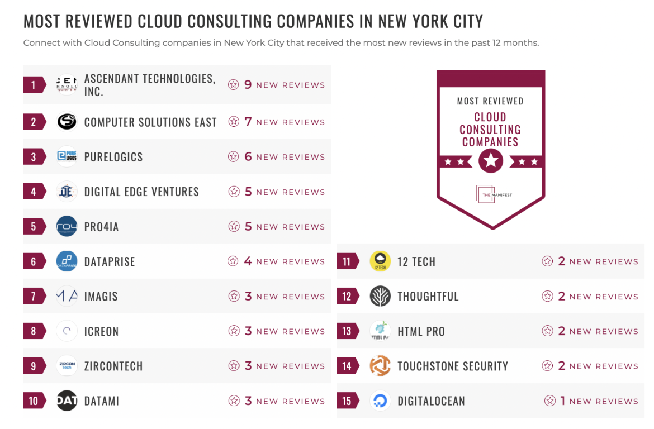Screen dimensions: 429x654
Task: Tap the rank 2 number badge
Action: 34,122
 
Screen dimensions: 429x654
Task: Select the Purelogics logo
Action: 67,157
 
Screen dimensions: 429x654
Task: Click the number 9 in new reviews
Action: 248,85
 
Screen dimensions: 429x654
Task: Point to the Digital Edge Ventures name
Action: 141,192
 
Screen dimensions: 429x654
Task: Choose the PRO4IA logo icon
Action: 67,227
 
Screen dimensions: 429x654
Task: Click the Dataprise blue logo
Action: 67,261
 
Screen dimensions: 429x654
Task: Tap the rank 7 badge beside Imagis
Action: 34,296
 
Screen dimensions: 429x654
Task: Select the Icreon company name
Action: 101,331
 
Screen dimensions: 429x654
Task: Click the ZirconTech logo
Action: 67,366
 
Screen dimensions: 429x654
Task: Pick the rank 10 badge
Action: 34,401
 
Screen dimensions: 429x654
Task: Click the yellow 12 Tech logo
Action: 380,261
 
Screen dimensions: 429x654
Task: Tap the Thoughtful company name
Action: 428,296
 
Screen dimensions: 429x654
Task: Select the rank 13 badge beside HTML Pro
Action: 347,331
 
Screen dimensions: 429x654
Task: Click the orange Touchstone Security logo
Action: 380,366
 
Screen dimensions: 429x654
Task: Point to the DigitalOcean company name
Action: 431,401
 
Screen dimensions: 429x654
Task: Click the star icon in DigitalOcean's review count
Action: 550,401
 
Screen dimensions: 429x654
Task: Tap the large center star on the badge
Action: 491,161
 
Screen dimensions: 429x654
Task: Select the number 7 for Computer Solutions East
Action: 248,122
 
